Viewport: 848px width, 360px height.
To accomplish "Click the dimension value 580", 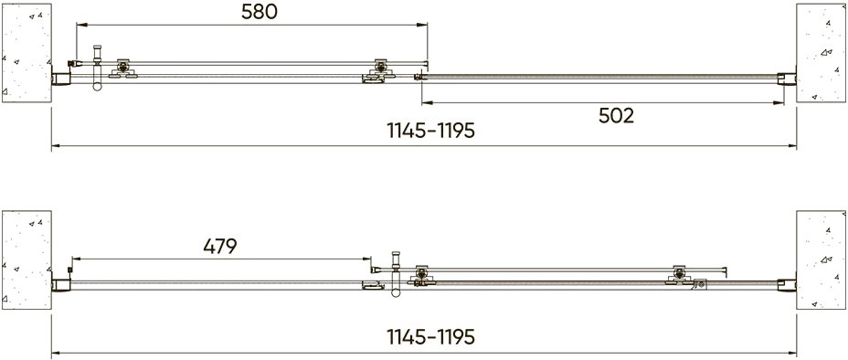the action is (x=259, y=12).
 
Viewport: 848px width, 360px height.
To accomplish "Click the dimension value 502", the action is (x=616, y=116).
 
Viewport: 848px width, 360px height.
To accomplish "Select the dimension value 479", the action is (x=220, y=247).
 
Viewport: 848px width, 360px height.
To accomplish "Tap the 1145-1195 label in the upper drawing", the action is (x=431, y=131).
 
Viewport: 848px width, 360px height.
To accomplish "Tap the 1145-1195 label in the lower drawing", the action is (x=431, y=337).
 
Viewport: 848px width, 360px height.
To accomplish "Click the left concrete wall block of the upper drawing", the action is (x=26, y=53).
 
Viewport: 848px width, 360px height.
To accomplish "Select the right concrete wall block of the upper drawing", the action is (x=821, y=53).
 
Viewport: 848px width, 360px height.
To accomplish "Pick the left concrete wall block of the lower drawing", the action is (x=26, y=260).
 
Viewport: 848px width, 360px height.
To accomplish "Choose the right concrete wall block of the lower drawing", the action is (x=821, y=260).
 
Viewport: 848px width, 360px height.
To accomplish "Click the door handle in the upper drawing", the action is (x=98, y=68).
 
